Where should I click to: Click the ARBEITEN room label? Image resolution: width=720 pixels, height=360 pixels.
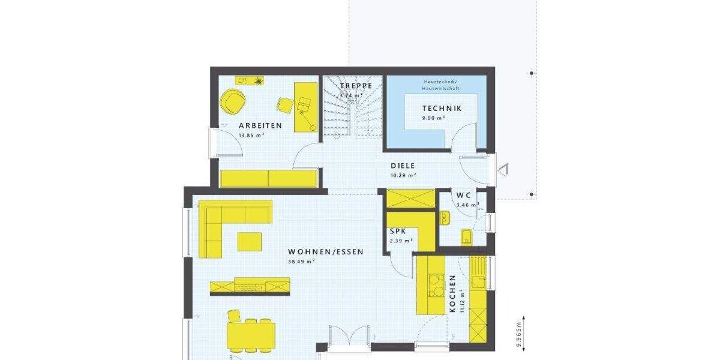point(260,126)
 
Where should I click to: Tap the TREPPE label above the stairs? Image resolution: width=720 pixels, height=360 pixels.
point(356,86)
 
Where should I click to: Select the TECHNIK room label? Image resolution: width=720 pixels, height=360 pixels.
point(442,109)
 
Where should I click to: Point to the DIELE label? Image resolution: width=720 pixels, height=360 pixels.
point(403,166)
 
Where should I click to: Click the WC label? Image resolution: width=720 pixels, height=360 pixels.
point(464,196)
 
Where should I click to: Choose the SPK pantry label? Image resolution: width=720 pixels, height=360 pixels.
point(397,231)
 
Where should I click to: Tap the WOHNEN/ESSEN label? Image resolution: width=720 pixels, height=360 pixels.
point(325,252)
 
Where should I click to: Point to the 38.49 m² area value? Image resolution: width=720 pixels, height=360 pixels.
point(302,262)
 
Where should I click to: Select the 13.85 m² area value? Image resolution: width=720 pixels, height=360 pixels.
point(252,136)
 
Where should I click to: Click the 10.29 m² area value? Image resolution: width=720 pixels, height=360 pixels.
point(403,175)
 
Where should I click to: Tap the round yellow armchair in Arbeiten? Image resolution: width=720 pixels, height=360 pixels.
point(233,101)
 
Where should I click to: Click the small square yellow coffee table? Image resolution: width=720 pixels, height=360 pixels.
point(250,241)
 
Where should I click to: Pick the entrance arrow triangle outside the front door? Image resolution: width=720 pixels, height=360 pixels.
point(503,170)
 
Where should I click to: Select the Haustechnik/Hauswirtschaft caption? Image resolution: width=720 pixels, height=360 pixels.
point(441,85)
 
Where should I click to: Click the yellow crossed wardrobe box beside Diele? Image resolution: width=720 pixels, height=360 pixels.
point(410,198)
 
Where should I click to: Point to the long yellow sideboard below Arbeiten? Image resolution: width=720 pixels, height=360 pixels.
point(268,178)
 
